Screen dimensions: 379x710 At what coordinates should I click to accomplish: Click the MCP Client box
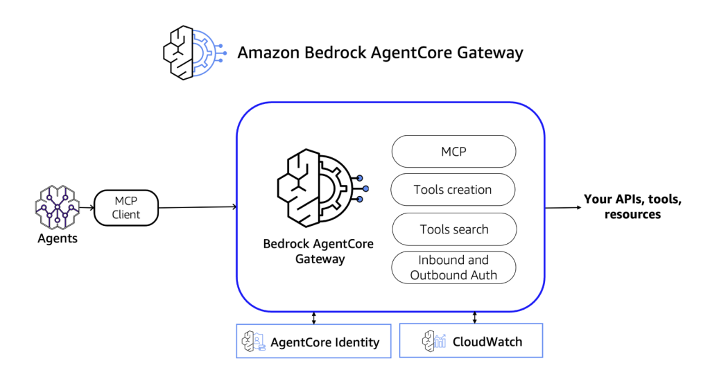126,207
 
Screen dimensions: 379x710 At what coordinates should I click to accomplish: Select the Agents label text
57,239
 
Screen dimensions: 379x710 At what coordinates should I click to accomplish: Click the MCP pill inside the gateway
453,151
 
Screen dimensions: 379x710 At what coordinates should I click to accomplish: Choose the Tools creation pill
453,190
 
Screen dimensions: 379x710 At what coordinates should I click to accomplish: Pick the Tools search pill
453,229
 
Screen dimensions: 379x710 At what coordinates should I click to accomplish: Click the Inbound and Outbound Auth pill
453,267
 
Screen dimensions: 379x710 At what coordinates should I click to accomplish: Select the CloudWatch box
471,341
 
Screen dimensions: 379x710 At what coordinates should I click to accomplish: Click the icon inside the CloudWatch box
434,341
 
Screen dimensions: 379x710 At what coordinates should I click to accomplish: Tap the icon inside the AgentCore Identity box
253,341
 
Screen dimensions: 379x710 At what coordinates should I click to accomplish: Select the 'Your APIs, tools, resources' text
632,206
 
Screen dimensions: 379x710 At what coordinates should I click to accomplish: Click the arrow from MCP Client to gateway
198,206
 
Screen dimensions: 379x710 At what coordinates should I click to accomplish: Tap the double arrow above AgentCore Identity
314,317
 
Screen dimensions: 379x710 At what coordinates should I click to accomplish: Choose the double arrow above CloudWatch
475,317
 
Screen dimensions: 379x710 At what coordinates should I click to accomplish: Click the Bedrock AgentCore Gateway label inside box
318,252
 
